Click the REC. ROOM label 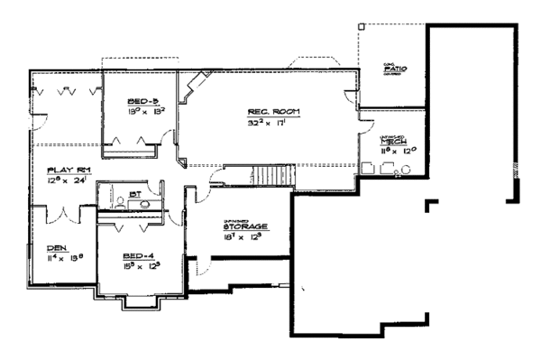(273, 113)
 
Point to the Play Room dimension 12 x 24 (68, 180)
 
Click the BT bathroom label (133, 193)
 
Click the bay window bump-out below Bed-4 (137, 305)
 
